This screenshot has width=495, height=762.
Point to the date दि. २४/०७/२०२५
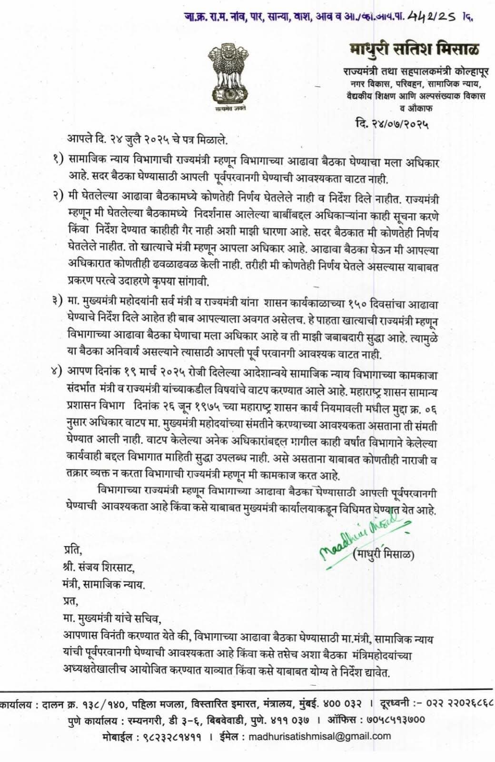(x=392, y=125)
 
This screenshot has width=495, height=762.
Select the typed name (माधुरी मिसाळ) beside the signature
(x=384, y=554)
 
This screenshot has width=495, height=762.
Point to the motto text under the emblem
(x=226, y=109)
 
